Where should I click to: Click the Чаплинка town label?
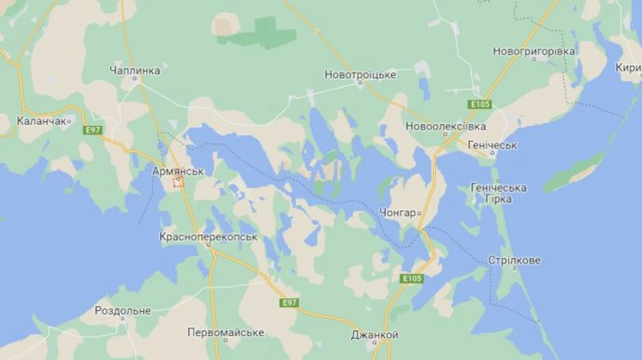[x=135, y=70]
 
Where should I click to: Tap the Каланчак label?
[x=42, y=121]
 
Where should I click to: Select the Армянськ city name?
[x=178, y=171]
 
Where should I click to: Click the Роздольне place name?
[x=123, y=311]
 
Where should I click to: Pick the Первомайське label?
[x=225, y=332]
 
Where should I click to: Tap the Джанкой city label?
[x=374, y=335]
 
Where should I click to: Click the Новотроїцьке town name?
[x=360, y=74]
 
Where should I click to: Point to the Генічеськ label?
[x=492, y=145]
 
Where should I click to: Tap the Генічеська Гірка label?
[x=499, y=193]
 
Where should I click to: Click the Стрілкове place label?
[x=514, y=260]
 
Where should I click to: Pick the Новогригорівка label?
[x=534, y=51]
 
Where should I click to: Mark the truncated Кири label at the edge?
[x=628, y=68]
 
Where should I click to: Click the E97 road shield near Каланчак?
[x=92, y=130]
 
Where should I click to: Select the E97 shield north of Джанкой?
[x=288, y=303]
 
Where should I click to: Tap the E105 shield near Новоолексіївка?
[x=480, y=104]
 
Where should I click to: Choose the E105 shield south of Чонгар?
[x=412, y=278]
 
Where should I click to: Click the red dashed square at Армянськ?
[x=178, y=182]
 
